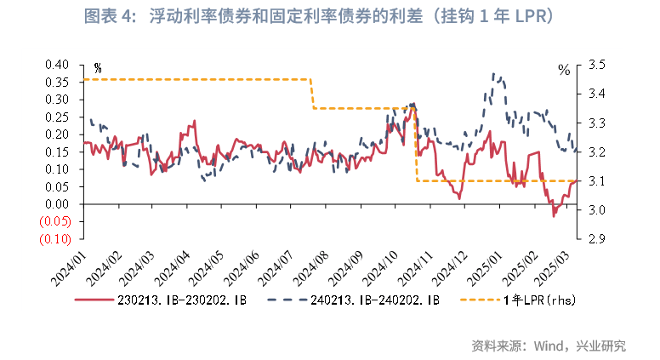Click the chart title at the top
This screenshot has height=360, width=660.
330,16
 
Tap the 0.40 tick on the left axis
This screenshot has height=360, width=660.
55,65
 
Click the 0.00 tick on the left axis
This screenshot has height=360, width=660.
55,204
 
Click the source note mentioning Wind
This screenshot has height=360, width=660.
549,346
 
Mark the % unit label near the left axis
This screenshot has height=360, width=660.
98,69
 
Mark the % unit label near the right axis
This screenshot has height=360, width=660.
563,70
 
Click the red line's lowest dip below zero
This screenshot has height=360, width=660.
554,216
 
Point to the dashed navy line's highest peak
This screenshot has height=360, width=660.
493,74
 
